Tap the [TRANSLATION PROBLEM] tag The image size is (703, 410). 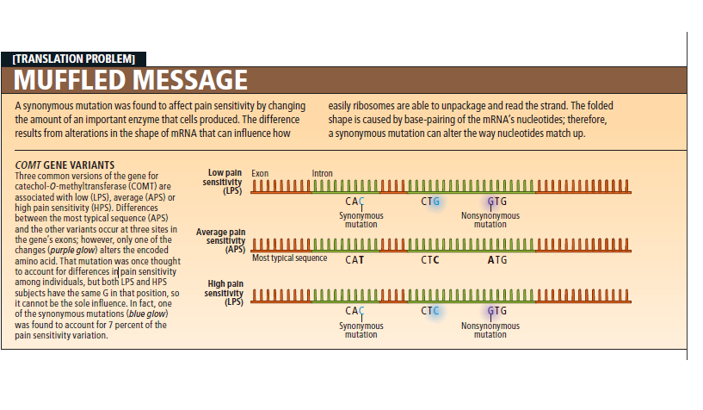pyautogui.click(x=74, y=59)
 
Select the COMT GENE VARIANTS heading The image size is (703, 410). pyautogui.click(x=65, y=165)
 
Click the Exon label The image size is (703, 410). pyautogui.click(x=260, y=173)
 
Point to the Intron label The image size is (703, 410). pyautogui.click(x=323, y=173)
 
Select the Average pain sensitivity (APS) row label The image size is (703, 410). pyautogui.click(x=221, y=241)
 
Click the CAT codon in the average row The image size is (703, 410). pyautogui.click(x=354, y=259)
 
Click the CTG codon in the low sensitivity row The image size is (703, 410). pyautogui.click(x=430, y=202)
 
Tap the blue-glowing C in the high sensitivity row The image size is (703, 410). pyautogui.click(x=435, y=311)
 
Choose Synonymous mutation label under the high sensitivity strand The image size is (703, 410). pyautogui.click(x=361, y=330)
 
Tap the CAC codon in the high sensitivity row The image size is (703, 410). pyautogui.click(x=354, y=311)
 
